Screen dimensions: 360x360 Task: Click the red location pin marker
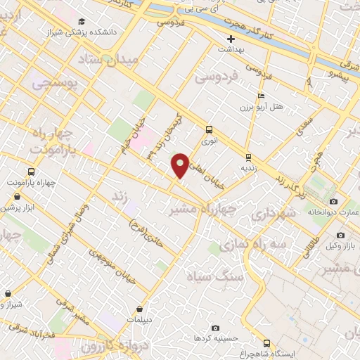(181, 165)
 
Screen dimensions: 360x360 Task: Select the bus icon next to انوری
(209, 129)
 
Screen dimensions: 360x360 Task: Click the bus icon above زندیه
(248, 157)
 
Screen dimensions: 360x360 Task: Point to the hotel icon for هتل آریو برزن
(262, 96)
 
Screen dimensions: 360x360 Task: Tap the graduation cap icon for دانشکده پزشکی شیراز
(84, 22)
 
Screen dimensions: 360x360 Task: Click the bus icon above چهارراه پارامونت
(30, 172)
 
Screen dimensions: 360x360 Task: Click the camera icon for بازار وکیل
(341, 235)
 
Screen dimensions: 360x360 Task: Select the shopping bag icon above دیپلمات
(141, 307)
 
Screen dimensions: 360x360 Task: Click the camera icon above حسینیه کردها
(215, 328)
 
